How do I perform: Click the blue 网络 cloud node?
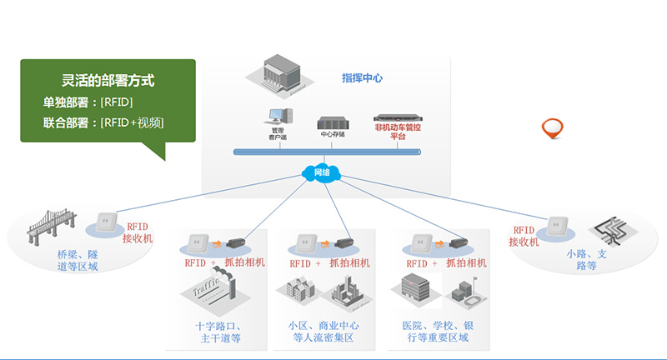[320, 172]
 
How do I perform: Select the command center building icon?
[281, 74]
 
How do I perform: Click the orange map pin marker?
[552, 128]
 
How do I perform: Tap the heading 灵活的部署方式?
[108, 82]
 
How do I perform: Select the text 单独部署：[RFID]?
[88, 102]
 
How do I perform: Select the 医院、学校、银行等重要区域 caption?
[434, 331]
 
